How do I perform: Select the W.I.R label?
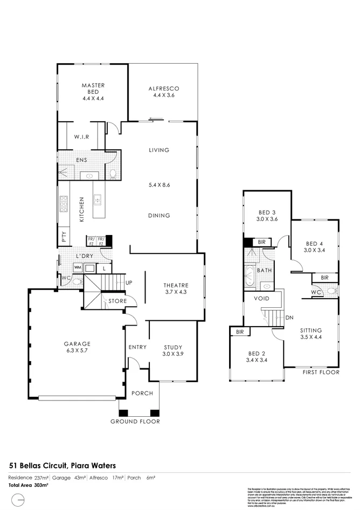81,136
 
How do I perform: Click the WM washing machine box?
78,267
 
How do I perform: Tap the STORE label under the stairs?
117,301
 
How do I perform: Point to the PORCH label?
142,394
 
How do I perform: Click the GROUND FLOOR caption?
135,422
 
